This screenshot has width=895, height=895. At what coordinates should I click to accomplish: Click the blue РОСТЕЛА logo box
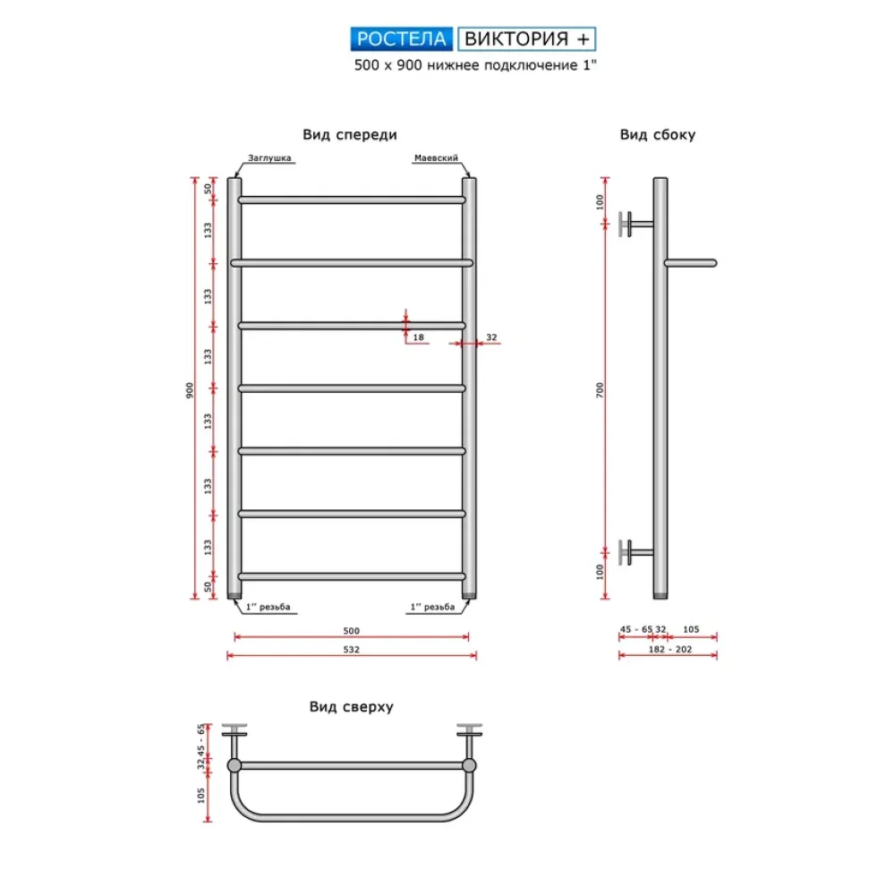click(402, 38)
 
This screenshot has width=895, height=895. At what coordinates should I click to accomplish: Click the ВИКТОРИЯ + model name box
click(527, 38)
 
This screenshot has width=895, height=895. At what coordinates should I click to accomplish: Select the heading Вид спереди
click(349, 134)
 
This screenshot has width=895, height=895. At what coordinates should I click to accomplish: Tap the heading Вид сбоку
click(658, 135)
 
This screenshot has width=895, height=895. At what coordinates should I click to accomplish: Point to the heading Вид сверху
click(352, 706)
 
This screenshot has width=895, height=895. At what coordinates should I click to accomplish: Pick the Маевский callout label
click(436, 158)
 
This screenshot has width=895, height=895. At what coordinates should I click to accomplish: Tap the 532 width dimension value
click(351, 650)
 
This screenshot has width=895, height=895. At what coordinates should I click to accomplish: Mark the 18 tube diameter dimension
click(419, 338)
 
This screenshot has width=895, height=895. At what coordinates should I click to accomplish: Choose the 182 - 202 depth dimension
click(667, 650)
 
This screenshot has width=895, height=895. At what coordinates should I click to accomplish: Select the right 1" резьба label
click(432, 608)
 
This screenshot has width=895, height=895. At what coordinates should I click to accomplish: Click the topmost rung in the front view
click(351, 200)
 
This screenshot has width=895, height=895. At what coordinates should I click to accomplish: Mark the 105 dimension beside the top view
click(201, 794)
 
